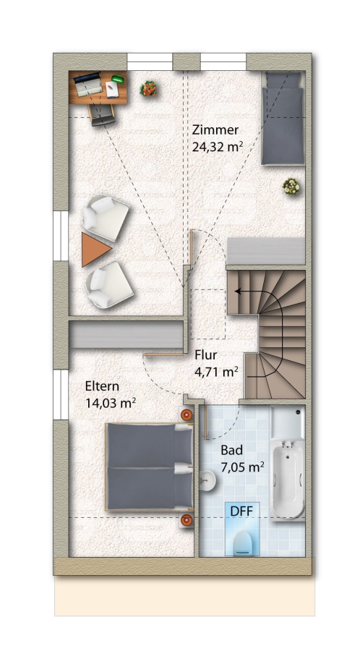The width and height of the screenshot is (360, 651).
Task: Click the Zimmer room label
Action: [215, 130]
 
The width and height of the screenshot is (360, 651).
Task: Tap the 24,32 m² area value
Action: [218, 147]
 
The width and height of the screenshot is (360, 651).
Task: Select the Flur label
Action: [206, 355]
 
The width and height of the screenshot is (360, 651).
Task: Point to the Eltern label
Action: [102, 386]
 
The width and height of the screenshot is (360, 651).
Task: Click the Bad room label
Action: [231, 450]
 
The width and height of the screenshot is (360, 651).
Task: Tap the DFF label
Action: [241, 511]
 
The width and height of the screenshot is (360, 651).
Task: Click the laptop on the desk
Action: [88, 85]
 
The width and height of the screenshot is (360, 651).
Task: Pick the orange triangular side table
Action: [95, 250]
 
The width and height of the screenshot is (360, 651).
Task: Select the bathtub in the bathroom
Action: [288, 478]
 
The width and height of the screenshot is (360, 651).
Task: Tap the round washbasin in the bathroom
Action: [207, 481]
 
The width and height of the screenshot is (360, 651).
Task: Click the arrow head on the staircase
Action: [238, 292]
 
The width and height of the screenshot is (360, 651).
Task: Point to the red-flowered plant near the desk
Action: [148, 88]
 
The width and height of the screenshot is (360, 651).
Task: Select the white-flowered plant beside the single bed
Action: [291, 187]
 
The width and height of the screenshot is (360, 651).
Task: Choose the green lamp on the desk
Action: [118, 78]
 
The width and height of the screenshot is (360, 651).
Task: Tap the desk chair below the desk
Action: [102, 115]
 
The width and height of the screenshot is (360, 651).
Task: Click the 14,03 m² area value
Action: [111, 402]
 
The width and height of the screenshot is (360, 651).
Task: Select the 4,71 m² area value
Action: [216, 371]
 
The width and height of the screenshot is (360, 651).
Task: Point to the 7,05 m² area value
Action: [243, 467]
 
